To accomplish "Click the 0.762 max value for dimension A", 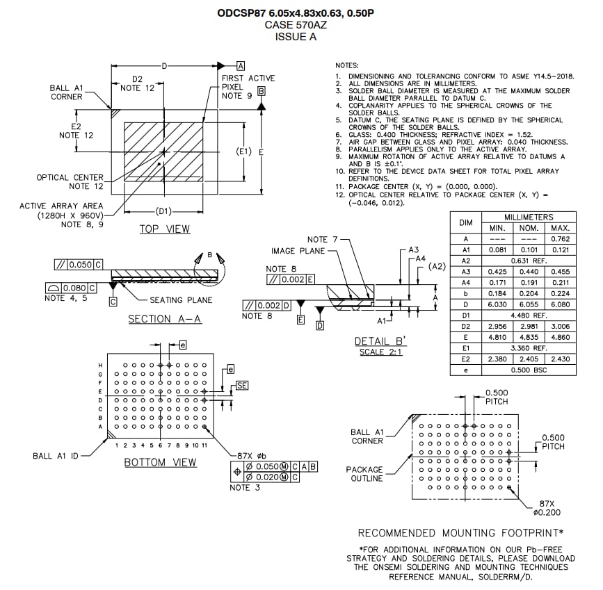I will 560,239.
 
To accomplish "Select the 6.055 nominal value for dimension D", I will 529,304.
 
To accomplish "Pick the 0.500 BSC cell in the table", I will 529,370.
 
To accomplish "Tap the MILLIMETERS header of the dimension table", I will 529,217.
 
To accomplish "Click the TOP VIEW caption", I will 165,229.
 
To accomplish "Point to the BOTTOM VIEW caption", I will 161,462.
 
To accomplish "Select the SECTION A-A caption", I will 160,319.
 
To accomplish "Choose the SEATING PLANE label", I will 182,300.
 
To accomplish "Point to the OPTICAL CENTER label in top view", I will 70,178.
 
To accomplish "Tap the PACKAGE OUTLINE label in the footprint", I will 365,474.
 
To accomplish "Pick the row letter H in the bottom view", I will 102,365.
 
